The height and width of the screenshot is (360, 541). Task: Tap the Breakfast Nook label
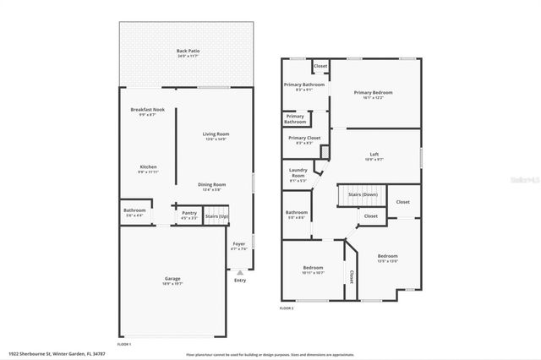pos(147,111)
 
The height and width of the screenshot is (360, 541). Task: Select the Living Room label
pos(216,134)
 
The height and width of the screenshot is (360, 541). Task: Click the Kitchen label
pos(147,167)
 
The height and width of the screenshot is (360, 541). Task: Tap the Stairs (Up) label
pos(216,216)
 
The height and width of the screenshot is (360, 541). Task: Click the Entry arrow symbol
pos(240,272)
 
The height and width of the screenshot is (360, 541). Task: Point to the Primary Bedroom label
pos(373,93)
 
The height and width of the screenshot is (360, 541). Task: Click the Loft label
pos(374,155)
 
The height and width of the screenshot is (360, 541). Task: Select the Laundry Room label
pos(298,172)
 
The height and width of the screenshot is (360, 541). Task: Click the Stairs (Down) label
pos(363,194)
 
